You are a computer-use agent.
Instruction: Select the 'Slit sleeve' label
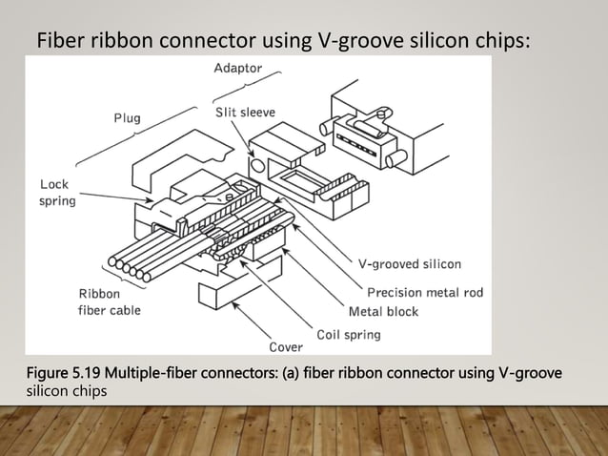tap(244, 113)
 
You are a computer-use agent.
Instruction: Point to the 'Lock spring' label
tap(57, 193)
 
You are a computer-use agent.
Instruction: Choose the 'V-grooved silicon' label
tap(411, 263)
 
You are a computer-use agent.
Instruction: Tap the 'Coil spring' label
tap(349, 334)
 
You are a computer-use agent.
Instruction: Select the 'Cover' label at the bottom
tap(286, 345)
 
